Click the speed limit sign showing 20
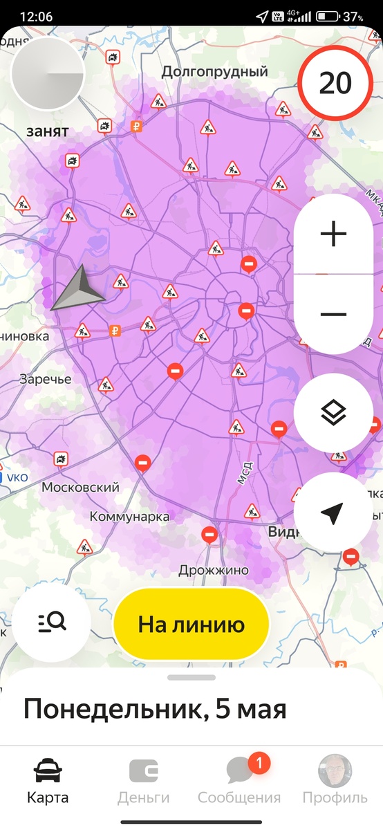(335, 83)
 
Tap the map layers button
(333, 414)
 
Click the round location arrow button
(333, 513)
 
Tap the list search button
(52, 622)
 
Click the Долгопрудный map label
(214, 71)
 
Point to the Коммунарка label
(129, 517)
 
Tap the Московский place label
(80, 487)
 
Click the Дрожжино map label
(213, 571)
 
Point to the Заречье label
(45, 380)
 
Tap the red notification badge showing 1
(259, 764)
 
